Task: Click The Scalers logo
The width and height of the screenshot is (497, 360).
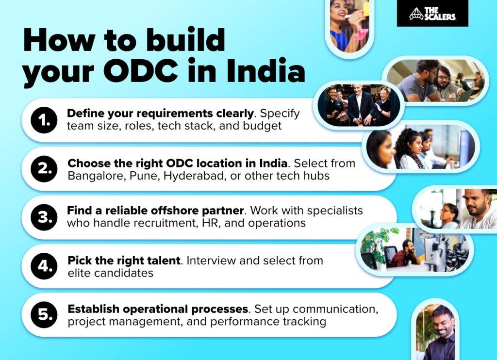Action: [x=432, y=13]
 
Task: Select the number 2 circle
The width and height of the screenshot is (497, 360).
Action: [x=44, y=169]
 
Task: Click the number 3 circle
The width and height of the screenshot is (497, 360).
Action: [x=44, y=217]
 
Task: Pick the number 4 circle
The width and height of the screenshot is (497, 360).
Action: [x=44, y=266]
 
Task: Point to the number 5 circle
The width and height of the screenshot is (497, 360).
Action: [x=44, y=314]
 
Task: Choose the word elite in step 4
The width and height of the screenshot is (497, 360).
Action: [x=80, y=273]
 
